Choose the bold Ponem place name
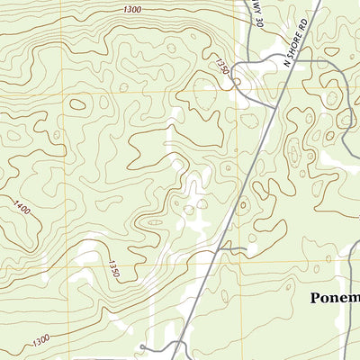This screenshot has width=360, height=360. pyautogui.click(x=335, y=298)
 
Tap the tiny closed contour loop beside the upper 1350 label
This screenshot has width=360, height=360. pyautogui.click(x=236, y=84)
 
